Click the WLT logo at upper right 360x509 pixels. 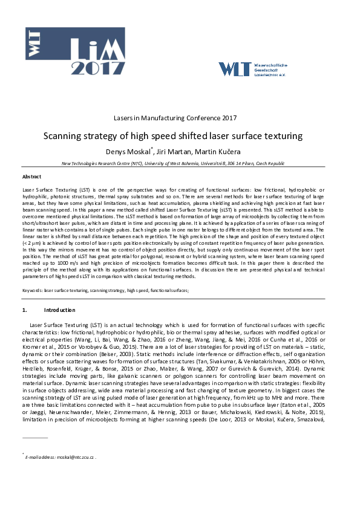click(x=254, y=68)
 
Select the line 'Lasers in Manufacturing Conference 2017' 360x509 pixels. click(x=180, y=118)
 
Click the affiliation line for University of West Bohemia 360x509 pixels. click(x=180, y=164)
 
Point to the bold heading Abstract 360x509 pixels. click(x=32, y=177)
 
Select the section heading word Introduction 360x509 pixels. click(x=59, y=310)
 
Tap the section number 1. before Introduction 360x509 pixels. click(x=25, y=310)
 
